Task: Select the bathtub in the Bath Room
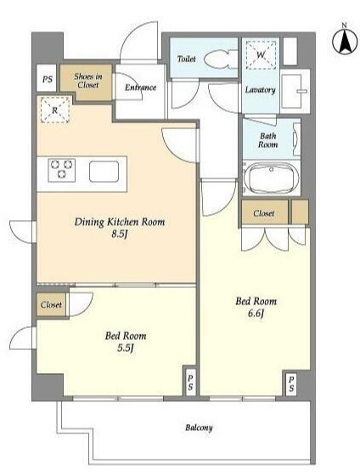point(272,178)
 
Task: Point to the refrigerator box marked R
point(55,110)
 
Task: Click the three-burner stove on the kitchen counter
point(62,170)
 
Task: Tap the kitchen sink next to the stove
point(104,172)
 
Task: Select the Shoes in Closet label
point(88,81)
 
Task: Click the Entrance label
point(140,88)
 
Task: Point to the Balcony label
point(199,427)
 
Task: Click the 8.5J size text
point(118,235)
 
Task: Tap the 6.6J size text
point(256,314)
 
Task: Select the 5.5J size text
point(126,348)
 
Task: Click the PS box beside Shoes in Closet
point(47,78)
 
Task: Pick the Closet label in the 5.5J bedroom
point(51,305)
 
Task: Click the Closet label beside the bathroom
point(264,213)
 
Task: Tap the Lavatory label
point(260,90)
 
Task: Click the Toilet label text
point(186,59)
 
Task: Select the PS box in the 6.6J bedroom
point(291,383)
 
